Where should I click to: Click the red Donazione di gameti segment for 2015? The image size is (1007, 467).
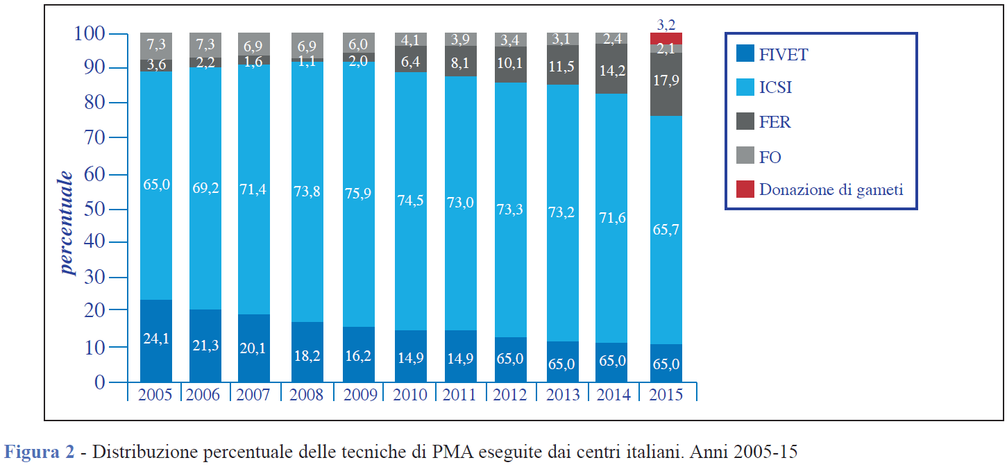[x=666, y=38]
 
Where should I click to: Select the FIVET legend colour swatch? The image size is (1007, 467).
[x=744, y=53]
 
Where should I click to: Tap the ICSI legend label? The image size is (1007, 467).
[x=775, y=88]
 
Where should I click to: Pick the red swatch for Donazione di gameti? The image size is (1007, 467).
[x=744, y=189]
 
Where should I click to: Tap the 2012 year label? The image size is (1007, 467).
[x=511, y=394]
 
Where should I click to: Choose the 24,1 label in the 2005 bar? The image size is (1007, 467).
[x=155, y=339]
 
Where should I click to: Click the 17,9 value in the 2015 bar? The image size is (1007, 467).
[x=666, y=80]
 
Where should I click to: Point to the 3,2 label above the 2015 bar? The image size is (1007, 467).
[x=666, y=25]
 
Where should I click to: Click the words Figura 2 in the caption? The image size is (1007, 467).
[x=39, y=453]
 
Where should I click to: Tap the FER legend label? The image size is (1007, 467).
[x=775, y=123]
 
